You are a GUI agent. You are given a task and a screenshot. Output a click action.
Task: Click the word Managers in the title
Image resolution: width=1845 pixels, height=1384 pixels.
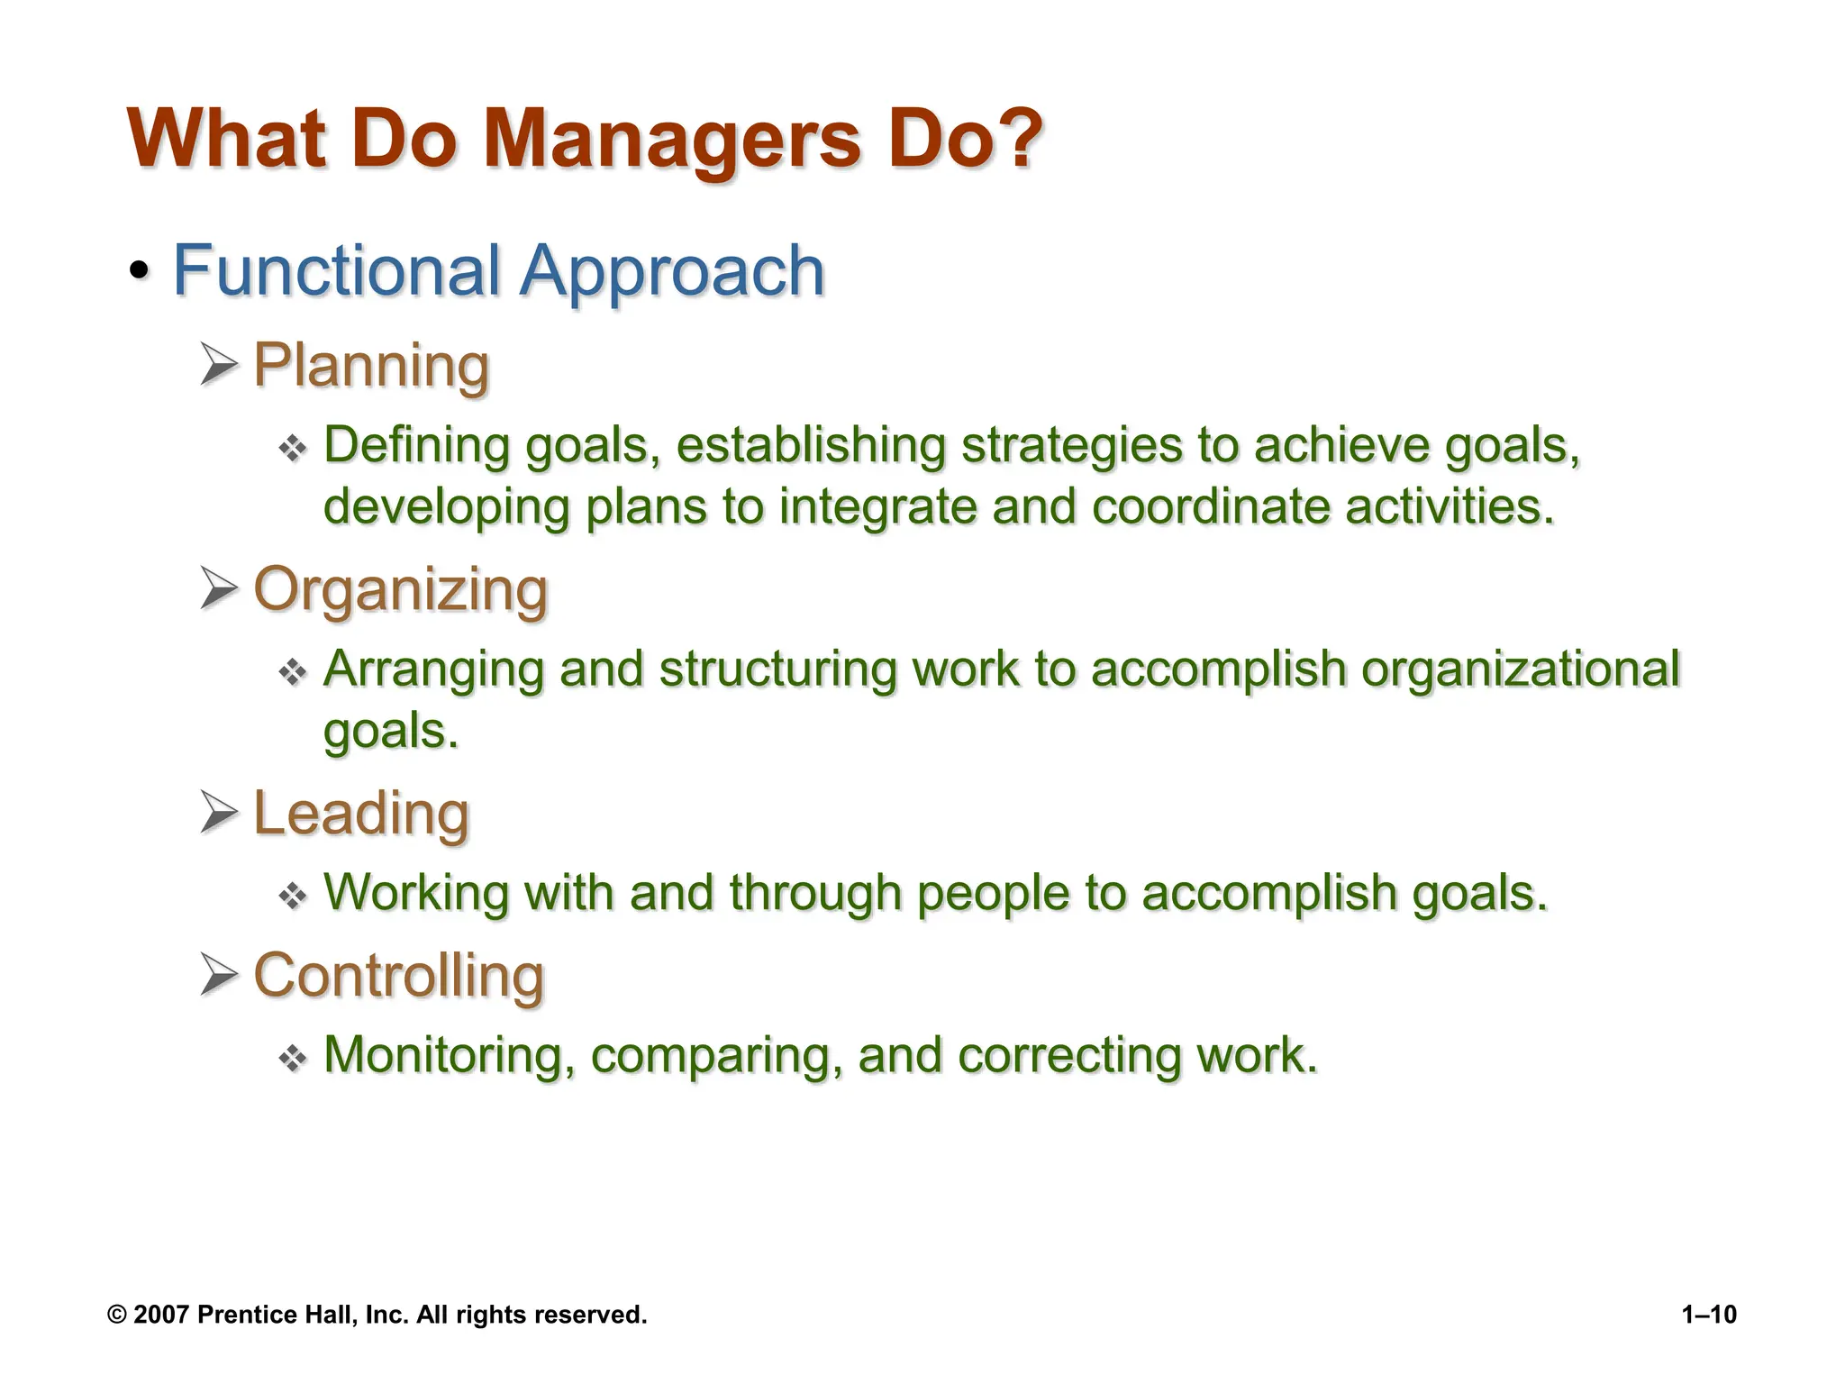pyautogui.click(x=672, y=140)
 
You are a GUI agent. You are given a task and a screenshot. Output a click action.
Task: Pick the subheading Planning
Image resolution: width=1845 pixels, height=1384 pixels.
pyautogui.click(x=371, y=366)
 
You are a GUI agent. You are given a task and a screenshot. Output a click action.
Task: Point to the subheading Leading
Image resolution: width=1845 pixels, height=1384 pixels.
pyautogui.click(x=361, y=813)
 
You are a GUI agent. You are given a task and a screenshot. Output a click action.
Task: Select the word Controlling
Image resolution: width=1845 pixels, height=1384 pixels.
pyautogui.click(x=399, y=975)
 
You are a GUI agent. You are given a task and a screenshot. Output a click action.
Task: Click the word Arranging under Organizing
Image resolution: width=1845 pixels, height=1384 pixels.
pyautogui.click(x=433, y=669)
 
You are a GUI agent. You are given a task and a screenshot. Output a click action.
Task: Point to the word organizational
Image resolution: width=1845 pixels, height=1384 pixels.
pyautogui.click(x=1520, y=669)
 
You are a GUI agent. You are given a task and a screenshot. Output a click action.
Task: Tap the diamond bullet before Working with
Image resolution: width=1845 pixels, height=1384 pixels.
pyautogui.click(x=293, y=896)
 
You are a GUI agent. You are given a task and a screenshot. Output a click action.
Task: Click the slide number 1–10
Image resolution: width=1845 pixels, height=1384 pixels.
pyautogui.click(x=1709, y=1315)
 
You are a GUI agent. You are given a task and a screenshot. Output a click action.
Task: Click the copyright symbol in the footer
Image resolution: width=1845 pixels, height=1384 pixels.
pyautogui.click(x=116, y=1315)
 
